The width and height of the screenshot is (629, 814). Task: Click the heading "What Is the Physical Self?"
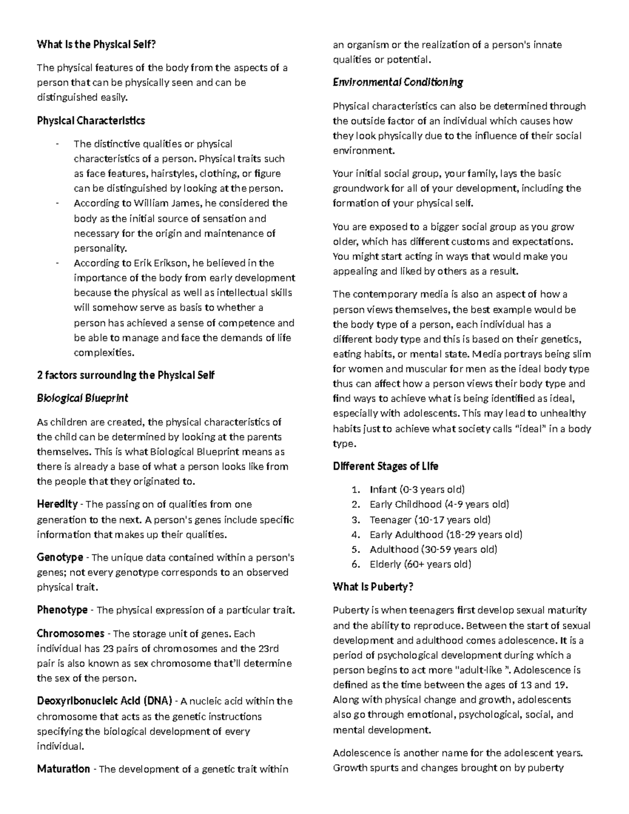pos(96,45)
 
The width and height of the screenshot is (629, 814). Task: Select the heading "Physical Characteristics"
pos(91,121)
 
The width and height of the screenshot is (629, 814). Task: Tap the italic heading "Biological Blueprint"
pos(82,398)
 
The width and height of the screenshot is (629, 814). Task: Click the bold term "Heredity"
pos(57,505)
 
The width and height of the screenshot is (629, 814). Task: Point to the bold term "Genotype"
pos(60,558)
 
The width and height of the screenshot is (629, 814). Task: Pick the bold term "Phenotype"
pos(62,610)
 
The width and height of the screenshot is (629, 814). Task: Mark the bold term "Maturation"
pos(63,769)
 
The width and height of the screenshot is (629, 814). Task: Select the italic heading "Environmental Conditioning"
pos(398,82)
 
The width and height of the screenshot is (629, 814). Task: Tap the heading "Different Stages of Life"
pos(385,466)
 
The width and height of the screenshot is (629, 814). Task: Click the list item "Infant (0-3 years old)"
pos(417,490)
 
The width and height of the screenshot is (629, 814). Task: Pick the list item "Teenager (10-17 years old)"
pos(430,520)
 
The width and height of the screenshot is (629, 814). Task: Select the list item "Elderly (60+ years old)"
pos(420,565)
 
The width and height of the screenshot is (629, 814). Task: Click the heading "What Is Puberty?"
pos(373,587)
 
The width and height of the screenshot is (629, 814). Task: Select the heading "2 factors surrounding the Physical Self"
pos(126,375)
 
